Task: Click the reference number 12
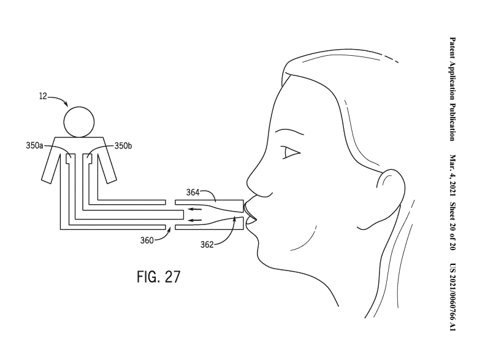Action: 43,96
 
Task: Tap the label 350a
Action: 34,146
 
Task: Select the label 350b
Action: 123,146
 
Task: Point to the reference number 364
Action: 193,193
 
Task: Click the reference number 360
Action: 147,240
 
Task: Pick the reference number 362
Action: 207,244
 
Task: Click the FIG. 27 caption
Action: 159,277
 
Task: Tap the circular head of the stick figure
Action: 79,122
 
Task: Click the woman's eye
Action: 291,153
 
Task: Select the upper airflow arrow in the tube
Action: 195,209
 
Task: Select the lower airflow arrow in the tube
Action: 195,220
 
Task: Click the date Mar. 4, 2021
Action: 452,176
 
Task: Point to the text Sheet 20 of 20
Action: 452,226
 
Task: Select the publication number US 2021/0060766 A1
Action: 452,297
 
